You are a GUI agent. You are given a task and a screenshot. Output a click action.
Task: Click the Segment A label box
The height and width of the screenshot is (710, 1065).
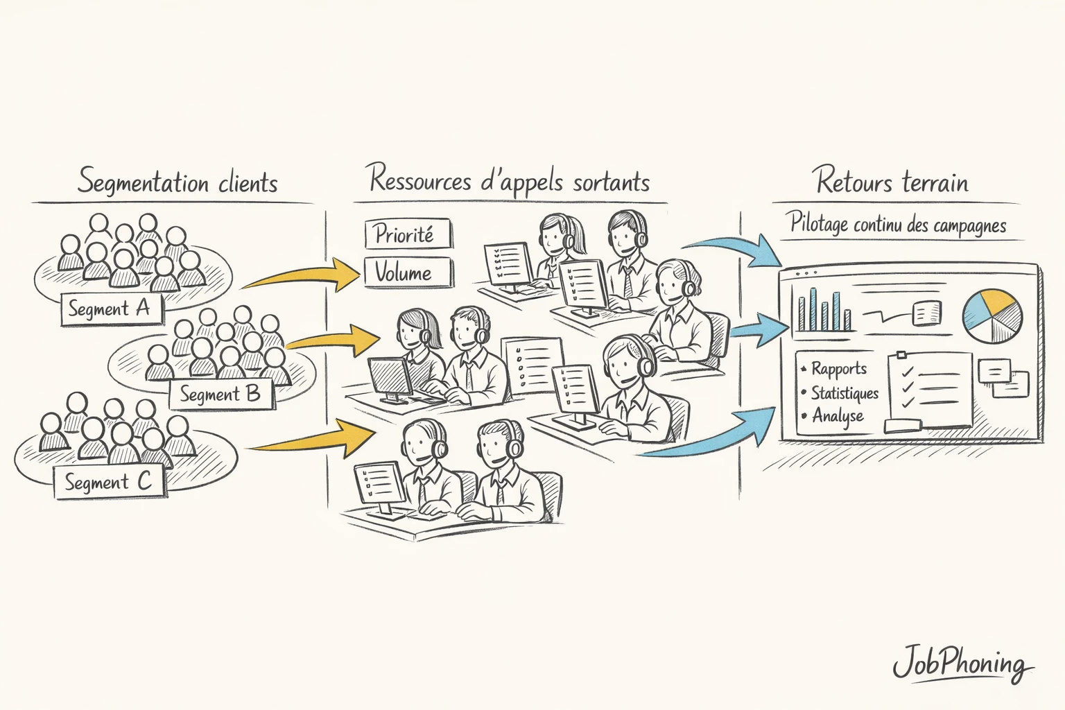tap(110, 309)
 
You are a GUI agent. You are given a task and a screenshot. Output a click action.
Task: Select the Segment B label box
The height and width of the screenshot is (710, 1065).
tap(220, 395)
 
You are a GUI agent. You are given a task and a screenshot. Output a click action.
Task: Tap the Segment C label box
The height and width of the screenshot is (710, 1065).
tap(108, 482)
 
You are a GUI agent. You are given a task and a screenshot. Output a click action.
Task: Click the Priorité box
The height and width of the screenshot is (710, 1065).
tap(408, 234)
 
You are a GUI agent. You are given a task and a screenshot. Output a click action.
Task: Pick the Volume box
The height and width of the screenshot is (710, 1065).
tap(408, 272)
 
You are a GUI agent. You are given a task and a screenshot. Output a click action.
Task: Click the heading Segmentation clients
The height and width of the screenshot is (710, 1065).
tap(177, 182)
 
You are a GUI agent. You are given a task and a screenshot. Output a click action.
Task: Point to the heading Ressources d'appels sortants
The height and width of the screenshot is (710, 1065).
tap(510, 180)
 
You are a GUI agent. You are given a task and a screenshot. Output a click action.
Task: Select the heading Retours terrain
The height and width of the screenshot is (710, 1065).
tap(892, 182)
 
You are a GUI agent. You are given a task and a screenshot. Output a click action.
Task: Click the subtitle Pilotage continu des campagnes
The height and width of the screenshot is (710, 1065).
tap(898, 225)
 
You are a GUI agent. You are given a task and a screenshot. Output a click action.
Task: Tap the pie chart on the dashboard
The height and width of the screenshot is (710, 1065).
tap(992, 315)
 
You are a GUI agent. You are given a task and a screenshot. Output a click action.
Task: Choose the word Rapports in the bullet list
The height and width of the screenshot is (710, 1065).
tap(839, 368)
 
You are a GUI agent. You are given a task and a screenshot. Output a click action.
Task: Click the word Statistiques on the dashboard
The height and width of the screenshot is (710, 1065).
tap(845, 392)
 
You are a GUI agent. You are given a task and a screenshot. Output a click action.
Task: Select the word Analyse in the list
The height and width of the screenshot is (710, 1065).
tap(838, 416)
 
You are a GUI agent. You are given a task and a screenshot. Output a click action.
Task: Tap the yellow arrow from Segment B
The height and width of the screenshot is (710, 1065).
tap(333, 338)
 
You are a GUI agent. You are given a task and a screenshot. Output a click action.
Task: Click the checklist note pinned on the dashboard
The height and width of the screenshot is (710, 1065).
tap(932, 389)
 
